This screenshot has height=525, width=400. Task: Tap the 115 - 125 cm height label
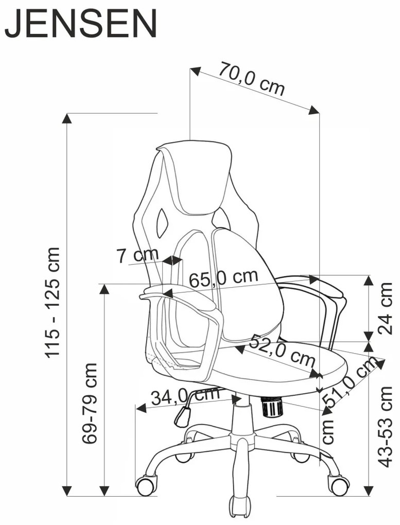53,302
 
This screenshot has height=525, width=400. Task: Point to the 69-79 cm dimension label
91,403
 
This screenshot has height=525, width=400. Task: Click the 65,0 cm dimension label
223,278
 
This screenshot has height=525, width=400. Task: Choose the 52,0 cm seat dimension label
283,350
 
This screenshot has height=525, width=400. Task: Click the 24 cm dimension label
385,308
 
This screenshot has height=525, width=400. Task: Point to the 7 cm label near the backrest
137,255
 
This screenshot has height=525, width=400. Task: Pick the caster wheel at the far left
146,485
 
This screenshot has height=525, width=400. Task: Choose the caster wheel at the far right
340,484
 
